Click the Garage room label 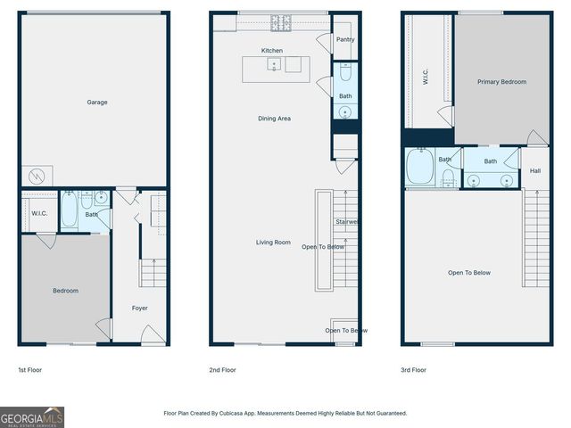(97, 103)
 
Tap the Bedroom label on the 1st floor (65, 291)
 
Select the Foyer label (140, 309)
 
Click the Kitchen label (272, 51)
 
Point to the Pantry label (345, 40)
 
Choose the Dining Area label (275, 119)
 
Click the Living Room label (274, 243)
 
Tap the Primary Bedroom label (501, 82)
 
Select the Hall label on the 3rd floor (535, 171)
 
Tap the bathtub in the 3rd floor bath (418, 168)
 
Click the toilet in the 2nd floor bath (345, 73)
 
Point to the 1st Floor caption (29, 370)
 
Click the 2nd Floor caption (223, 370)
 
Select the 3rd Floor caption (414, 370)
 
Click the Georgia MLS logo (32, 416)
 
